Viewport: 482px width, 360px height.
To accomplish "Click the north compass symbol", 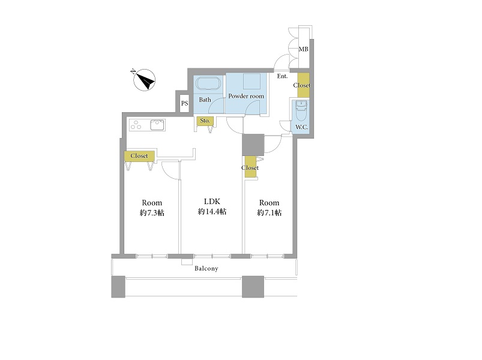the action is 144,80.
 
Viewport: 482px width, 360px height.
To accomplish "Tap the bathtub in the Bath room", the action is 208,83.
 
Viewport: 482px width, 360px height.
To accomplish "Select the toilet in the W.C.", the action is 301,111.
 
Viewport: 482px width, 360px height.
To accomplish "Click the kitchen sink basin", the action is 157,125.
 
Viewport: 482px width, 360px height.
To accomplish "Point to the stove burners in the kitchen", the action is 136,125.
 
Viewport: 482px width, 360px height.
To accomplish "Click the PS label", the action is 184,104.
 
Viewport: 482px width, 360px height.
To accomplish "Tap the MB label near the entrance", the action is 303,49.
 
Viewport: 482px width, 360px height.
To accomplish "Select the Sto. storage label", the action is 205,121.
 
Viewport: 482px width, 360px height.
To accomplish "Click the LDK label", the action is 212,201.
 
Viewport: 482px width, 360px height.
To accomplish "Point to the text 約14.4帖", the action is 212,211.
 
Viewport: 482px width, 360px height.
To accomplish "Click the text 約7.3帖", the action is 152,212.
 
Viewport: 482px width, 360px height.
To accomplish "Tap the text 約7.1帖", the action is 270,212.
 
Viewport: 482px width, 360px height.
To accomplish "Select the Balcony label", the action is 206,268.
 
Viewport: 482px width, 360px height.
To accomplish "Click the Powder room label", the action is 246,96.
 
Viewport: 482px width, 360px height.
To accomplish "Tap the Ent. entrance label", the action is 282,76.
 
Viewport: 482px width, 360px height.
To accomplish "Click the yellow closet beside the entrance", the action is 303,85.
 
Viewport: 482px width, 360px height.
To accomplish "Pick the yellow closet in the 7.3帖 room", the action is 139,156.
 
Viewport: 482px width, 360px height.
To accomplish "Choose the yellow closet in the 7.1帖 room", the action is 250,167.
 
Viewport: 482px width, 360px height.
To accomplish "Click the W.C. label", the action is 301,127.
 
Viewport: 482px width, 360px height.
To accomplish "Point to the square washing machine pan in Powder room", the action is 252,82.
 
